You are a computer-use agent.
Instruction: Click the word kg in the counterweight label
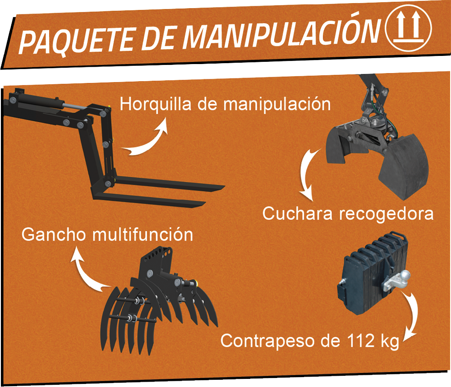[387, 341]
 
